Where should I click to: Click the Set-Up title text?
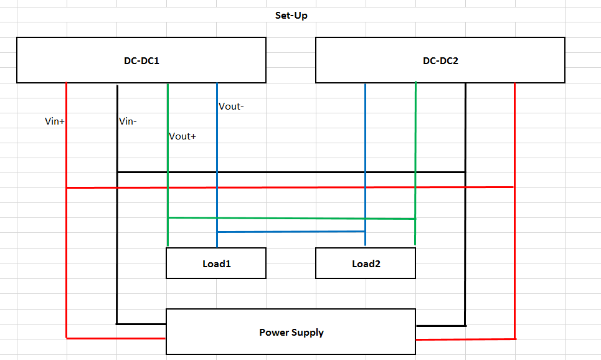coord(291,15)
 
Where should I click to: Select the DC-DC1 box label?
coord(142,61)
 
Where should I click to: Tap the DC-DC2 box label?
coord(440,61)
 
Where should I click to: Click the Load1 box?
coord(216,263)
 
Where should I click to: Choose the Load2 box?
coord(366,263)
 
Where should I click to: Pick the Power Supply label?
coord(291,332)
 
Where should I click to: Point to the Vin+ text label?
coord(55,121)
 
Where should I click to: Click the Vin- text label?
coord(128,121)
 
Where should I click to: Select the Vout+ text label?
coord(182,136)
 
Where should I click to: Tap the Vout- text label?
coord(231,107)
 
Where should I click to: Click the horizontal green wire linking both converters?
coord(291,218)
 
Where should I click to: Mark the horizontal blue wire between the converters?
coord(291,232)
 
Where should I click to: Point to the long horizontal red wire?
coord(291,187)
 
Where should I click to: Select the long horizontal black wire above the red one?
coord(291,171)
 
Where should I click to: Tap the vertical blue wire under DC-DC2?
coord(365,137)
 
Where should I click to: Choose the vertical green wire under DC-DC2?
coord(415,137)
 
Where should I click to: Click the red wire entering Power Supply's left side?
coord(116,338)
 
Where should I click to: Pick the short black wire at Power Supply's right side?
coord(440,325)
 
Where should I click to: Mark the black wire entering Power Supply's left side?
coord(141,324)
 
